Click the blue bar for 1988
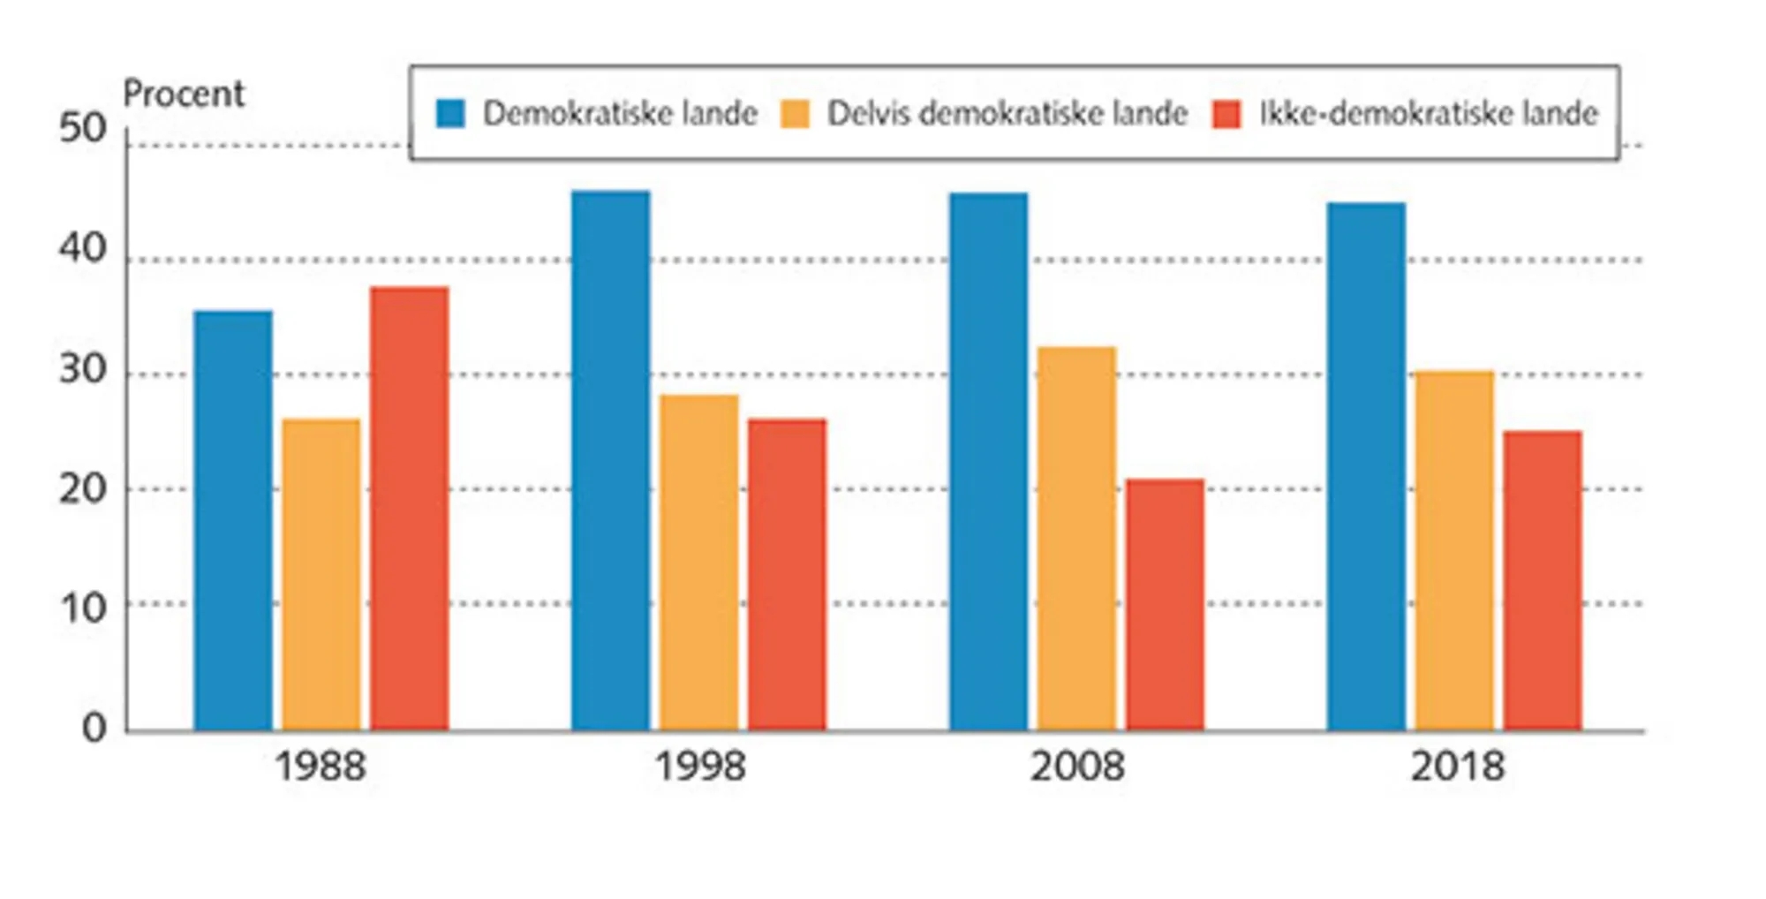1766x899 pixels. pyautogui.click(x=233, y=521)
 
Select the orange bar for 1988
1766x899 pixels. pyautogui.click(x=321, y=574)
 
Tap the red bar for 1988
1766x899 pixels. pyautogui.click(x=410, y=509)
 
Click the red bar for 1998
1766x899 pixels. pyautogui.click(x=787, y=574)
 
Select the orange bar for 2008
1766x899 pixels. pyautogui.click(x=1076, y=539)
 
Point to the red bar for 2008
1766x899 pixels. pyautogui.click(x=1165, y=605)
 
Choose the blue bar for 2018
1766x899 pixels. pyautogui.click(x=1366, y=466)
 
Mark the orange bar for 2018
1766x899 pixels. pyautogui.click(x=1454, y=551)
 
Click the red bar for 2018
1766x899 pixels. pyautogui.click(x=1543, y=580)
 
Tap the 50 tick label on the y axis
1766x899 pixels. pyautogui.click(x=82, y=129)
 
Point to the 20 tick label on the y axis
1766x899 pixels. pyautogui.click(x=82, y=489)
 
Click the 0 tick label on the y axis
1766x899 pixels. pyautogui.click(x=94, y=728)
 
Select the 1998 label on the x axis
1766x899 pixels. pyautogui.click(x=699, y=766)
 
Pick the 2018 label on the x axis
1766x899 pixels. pyautogui.click(x=1457, y=766)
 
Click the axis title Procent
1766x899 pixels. pyautogui.click(x=183, y=94)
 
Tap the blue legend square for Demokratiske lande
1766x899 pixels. pyautogui.click(x=450, y=114)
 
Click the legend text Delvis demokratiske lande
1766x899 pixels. pyautogui.click(x=1007, y=114)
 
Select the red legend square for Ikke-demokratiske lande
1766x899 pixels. pyautogui.click(x=1226, y=114)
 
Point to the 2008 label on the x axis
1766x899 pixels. pyautogui.click(x=1077, y=766)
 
